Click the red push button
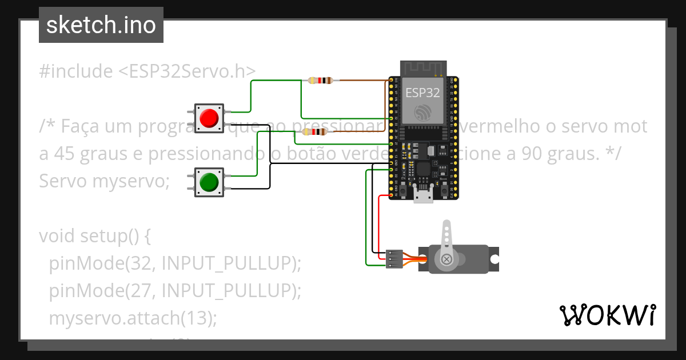209,118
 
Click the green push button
209,182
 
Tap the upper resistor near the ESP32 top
320,81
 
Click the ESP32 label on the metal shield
422,92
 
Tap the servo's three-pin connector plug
393,258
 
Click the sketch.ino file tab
101,25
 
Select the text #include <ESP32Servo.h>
147,71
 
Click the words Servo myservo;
105,181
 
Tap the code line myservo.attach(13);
133,318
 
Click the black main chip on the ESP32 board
424,169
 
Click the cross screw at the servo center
446,260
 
